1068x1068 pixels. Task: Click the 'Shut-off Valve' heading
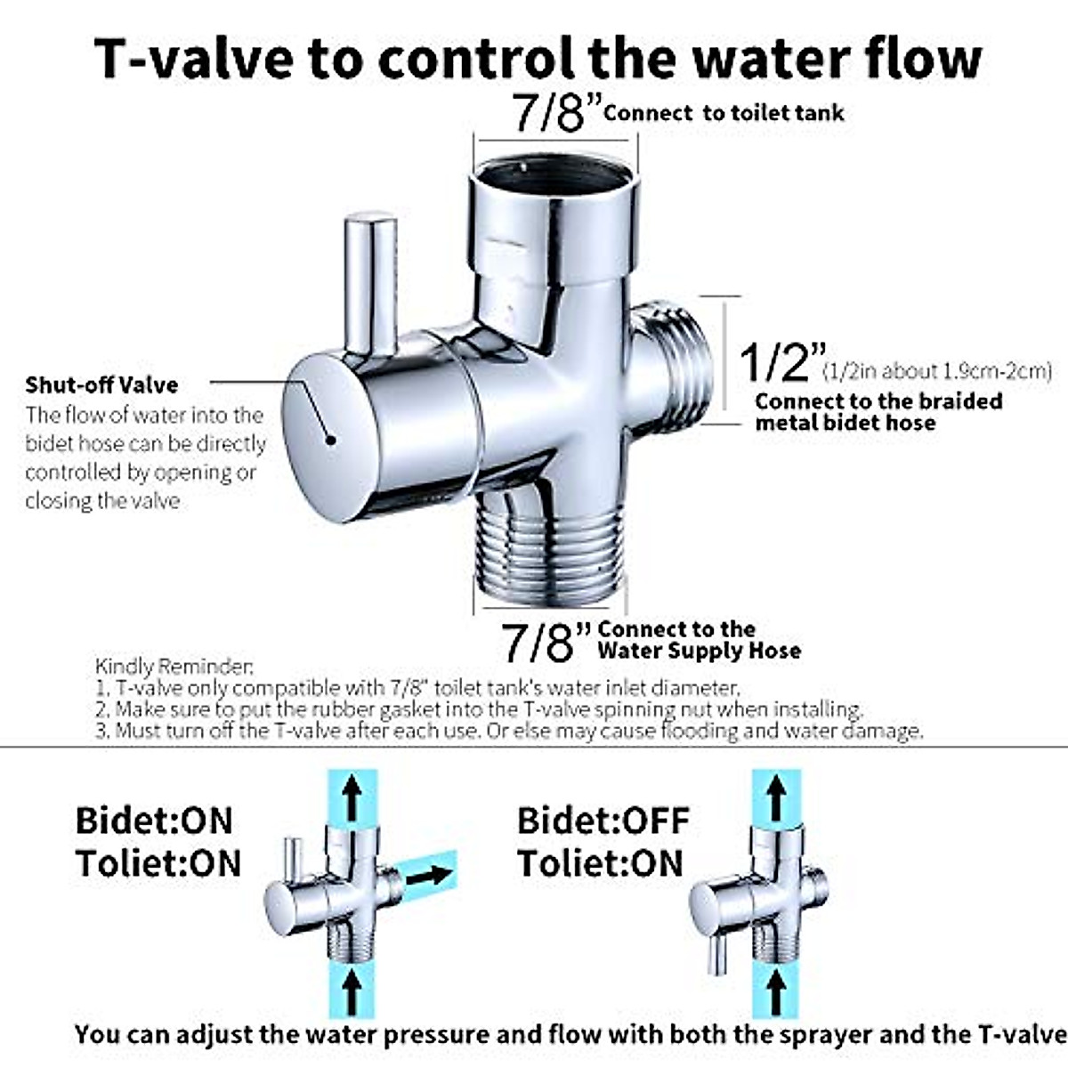click(101, 385)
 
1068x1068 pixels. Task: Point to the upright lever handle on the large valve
click(371, 283)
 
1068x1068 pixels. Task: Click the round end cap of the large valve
click(330, 437)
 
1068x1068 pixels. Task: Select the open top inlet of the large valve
click(554, 178)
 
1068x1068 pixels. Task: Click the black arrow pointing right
click(429, 875)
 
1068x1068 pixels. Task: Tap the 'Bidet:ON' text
click(153, 821)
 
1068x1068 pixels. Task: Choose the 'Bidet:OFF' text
click(603, 821)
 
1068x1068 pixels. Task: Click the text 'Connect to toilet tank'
click(724, 113)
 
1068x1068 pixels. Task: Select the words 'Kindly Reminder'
click(174, 666)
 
